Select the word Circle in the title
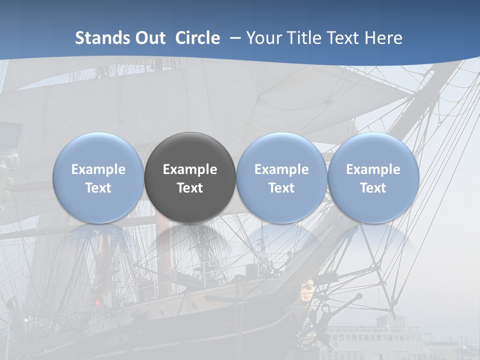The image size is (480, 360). (197, 38)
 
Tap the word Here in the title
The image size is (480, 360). (383, 38)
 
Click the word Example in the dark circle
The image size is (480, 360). (190, 169)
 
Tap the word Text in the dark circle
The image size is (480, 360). (190, 188)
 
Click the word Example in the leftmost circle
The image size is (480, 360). (98, 169)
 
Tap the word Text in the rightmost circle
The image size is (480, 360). (373, 188)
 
